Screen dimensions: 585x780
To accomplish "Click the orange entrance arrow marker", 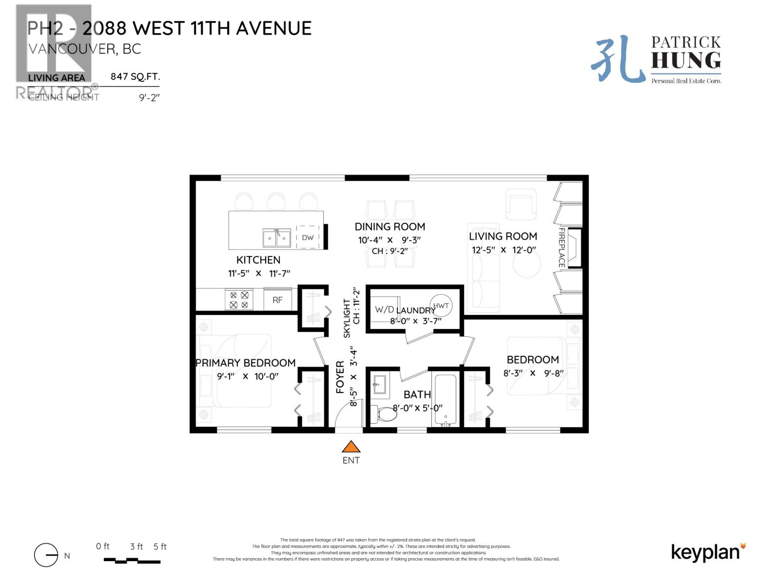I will point(351,447).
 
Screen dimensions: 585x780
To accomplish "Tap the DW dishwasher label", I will point(308,238).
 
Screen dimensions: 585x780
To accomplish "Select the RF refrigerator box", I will point(277,300).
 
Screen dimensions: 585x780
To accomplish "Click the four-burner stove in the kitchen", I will point(239,300).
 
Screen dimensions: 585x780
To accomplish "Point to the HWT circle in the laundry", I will point(441,306).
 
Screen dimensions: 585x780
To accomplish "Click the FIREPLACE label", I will point(562,247).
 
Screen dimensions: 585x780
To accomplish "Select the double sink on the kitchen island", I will point(276,238).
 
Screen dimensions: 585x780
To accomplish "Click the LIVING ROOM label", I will point(503,236).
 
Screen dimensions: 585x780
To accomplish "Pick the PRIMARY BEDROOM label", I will point(245,363).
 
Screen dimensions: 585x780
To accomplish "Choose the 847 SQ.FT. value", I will point(135,77).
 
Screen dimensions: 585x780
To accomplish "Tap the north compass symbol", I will point(46,555).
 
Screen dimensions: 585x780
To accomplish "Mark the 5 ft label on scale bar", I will point(160,546).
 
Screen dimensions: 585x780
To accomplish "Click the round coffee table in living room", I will point(526,264).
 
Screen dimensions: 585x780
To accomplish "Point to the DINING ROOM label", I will point(390,227).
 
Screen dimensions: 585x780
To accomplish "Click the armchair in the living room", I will point(520,204).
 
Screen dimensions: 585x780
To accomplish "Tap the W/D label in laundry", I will point(384,310).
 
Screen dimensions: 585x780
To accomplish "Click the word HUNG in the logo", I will point(685,60).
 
